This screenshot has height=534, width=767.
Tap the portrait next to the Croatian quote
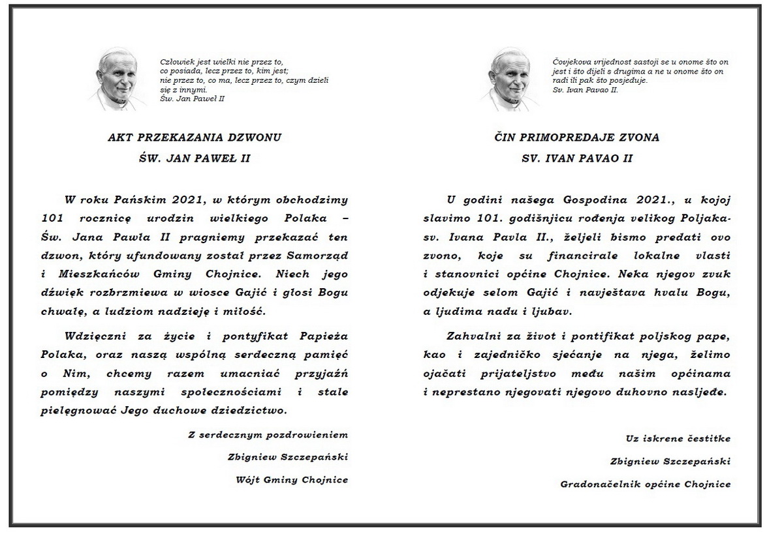[x=509, y=80]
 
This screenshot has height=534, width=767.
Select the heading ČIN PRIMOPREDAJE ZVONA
[x=576, y=138]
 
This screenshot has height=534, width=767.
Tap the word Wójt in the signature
[x=247, y=480]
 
